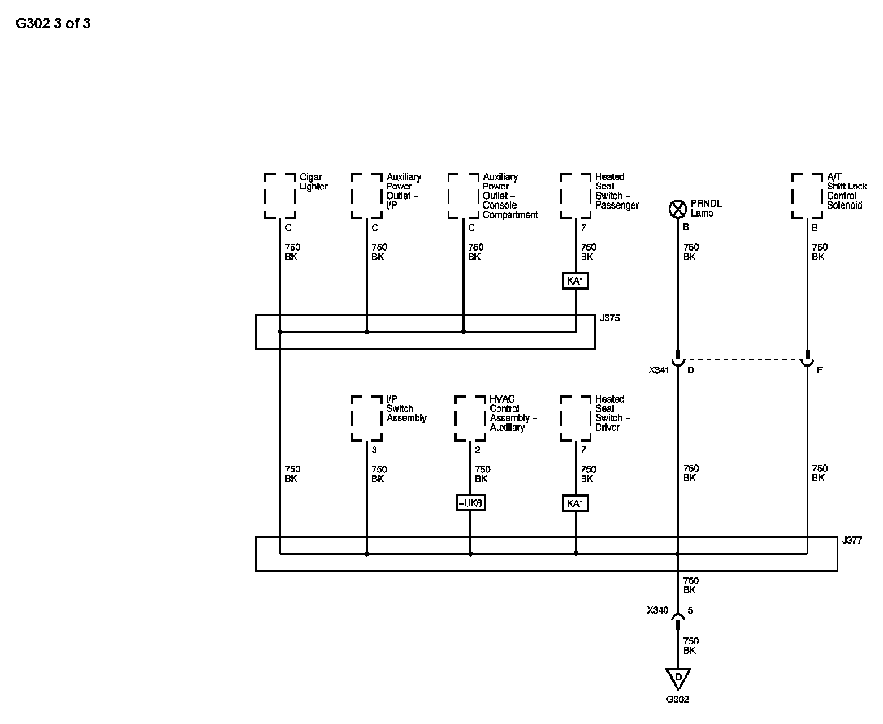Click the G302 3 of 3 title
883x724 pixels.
point(53,23)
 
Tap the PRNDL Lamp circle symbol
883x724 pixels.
point(678,209)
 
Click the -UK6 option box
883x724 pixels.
point(470,503)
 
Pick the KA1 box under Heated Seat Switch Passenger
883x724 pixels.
point(575,281)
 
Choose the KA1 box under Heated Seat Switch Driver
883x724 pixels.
point(575,503)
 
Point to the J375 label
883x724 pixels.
point(609,318)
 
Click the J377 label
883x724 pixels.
point(852,540)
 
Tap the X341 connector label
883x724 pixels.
point(659,370)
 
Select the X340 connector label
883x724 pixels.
point(657,610)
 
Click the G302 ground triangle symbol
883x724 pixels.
point(678,678)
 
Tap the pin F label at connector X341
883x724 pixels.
point(819,370)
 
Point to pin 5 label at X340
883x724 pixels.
point(690,610)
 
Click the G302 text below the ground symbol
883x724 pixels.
point(678,699)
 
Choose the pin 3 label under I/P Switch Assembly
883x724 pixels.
point(374,450)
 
